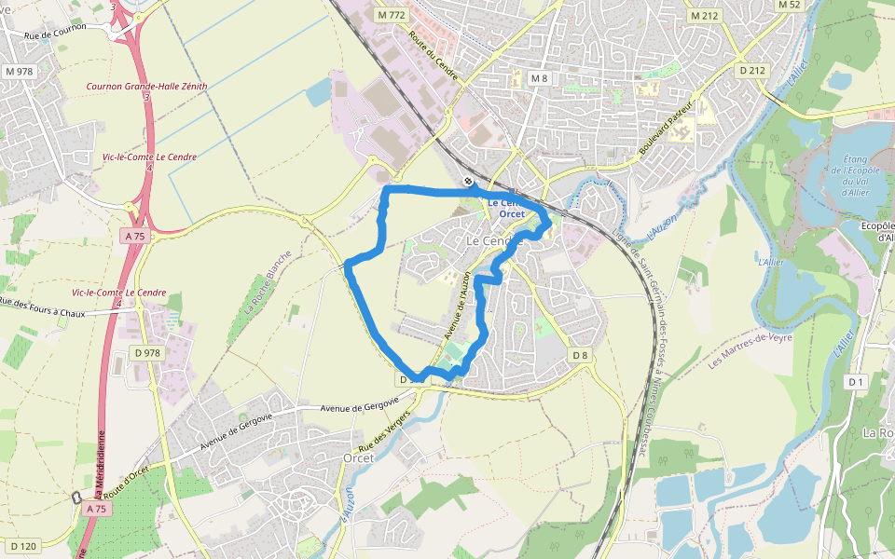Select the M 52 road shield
789,5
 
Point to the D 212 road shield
751,70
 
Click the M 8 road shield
540,78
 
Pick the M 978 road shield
18,72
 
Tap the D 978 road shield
147,352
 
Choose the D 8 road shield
580,355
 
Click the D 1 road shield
856,382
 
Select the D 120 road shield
23,546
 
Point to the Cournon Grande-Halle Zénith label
146,86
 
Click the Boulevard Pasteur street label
668,125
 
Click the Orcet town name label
358,457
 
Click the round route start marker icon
468,182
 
